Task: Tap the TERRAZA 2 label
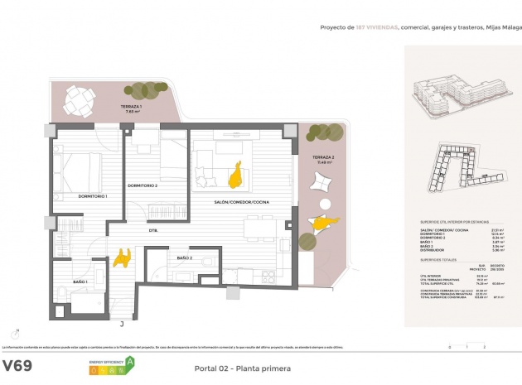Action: pyautogui.click(x=322, y=157)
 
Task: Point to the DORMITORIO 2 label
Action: pyautogui.click(x=143, y=185)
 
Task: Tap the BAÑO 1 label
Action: pyautogui.click(x=80, y=282)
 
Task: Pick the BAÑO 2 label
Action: pyautogui.click(x=183, y=258)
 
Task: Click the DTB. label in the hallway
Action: pyautogui.click(x=153, y=230)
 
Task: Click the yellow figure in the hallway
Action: pyautogui.click(x=123, y=257)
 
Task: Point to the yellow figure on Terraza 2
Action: pyautogui.click(x=324, y=222)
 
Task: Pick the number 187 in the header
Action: pyautogui.click(x=361, y=27)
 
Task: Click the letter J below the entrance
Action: pyautogui.click(x=122, y=324)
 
